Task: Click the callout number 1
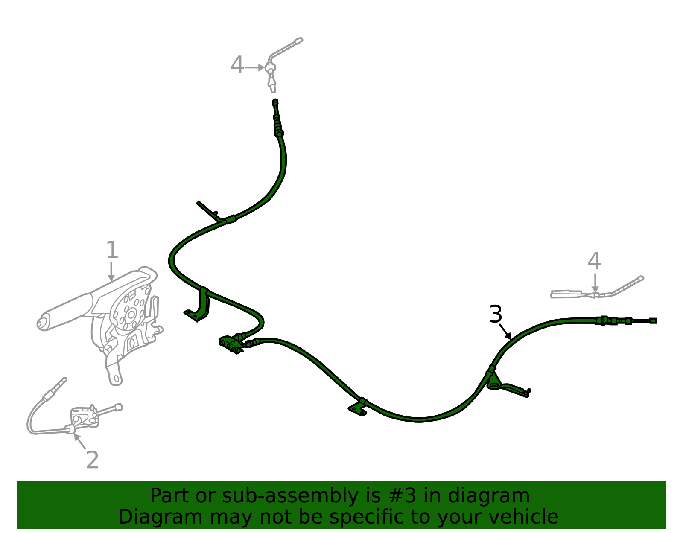click(x=112, y=250)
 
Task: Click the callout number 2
click(x=92, y=460)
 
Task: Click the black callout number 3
click(x=496, y=314)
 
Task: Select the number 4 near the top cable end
click(x=237, y=65)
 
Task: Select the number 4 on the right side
click(x=594, y=261)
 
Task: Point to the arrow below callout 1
click(x=111, y=271)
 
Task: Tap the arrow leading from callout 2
click(x=80, y=442)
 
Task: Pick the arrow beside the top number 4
click(x=254, y=67)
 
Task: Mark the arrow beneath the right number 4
click(x=595, y=283)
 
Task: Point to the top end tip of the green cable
click(x=275, y=102)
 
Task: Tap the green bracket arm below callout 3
click(x=508, y=385)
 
